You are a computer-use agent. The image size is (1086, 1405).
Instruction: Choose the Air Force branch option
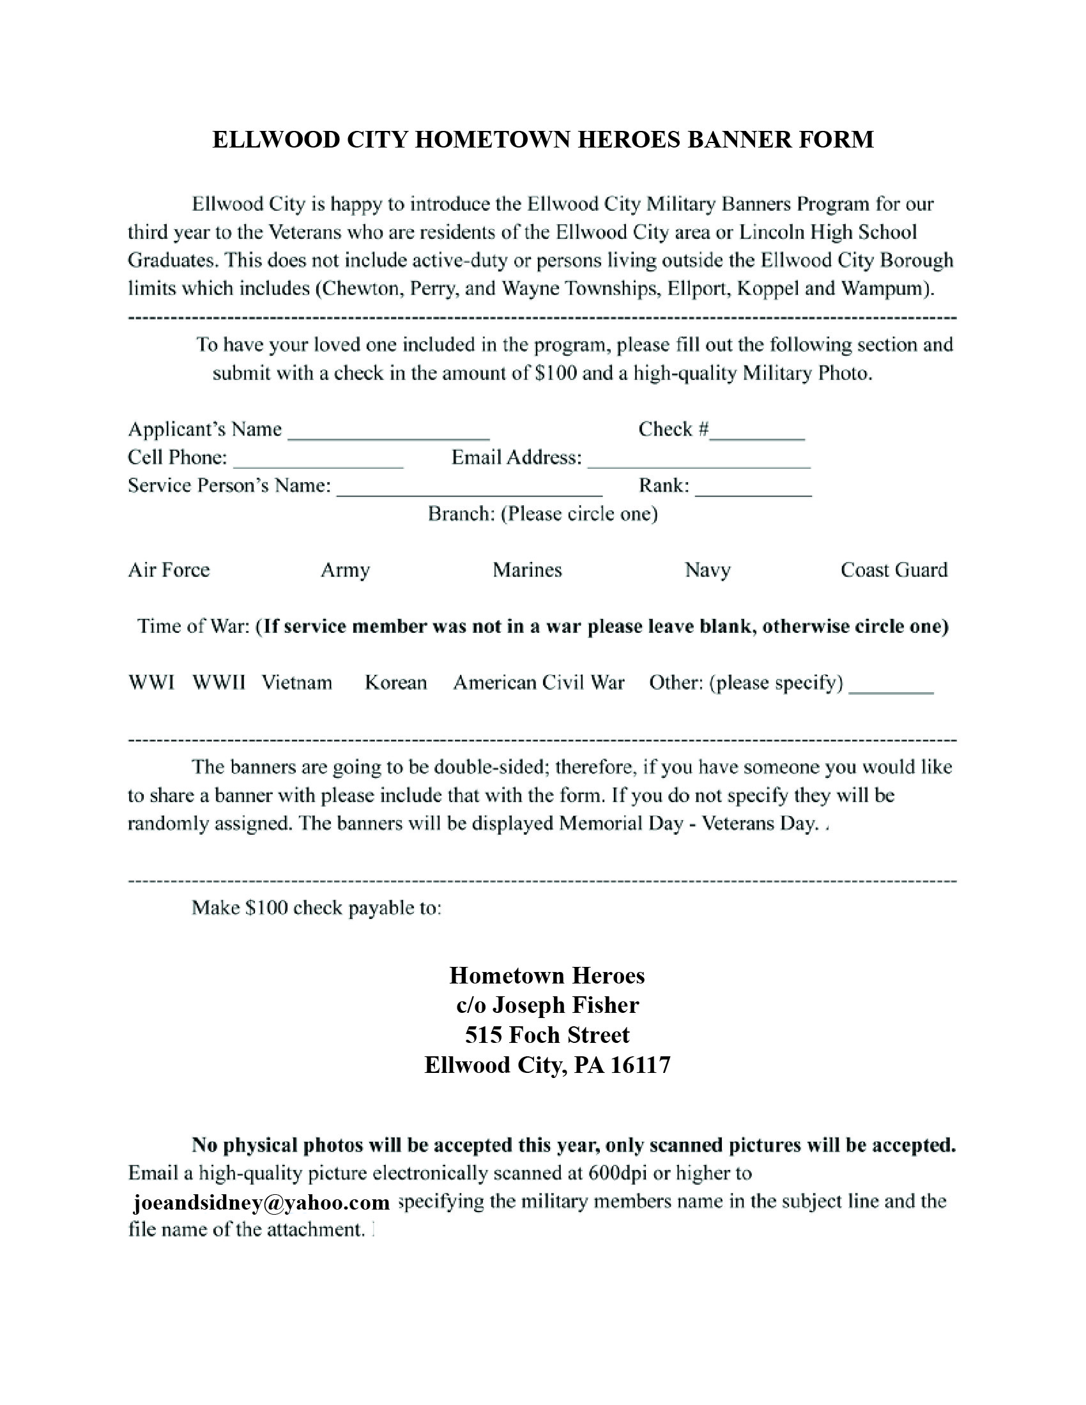pos(169,570)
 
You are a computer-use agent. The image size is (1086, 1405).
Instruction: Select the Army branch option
pos(346,570)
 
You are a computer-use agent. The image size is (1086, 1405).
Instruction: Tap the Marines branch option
pos(528,570)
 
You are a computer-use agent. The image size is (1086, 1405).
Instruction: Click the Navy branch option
pos(708,570)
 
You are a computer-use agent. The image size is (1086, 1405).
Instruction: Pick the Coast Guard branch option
pos(894,570)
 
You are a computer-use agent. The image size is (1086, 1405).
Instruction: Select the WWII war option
pos(218,683)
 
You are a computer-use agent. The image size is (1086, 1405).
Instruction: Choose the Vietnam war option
pos(296,683)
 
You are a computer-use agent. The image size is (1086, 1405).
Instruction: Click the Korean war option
pos(395,683)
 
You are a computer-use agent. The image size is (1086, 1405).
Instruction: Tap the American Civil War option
pos(539,683)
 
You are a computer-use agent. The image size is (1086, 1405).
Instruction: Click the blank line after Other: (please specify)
pos(891,687)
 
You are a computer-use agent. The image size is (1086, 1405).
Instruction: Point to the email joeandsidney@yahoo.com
pos(261,1203)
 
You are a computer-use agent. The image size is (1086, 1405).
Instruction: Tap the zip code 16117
pos(640,1065)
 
